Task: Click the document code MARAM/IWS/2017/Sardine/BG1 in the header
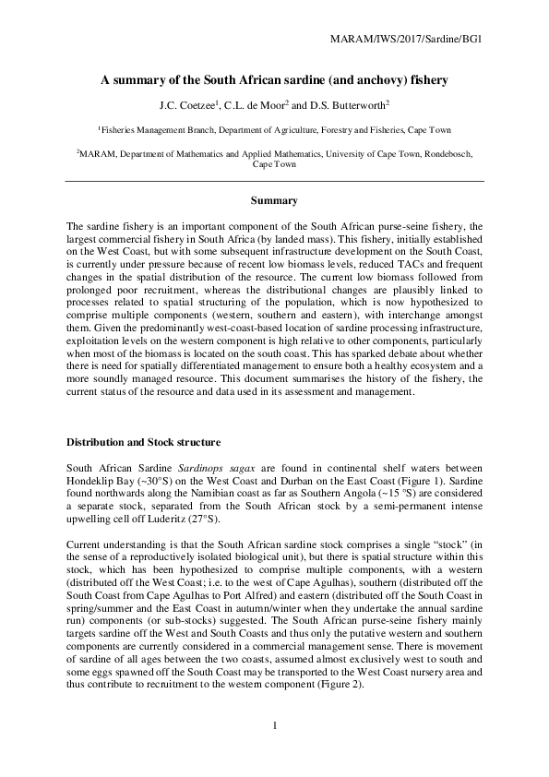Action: [x=407, y=40]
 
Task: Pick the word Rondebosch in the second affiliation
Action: [x=448, y=154]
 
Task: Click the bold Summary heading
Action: [x=274, y=200]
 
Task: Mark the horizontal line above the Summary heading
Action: [x=274, y=181]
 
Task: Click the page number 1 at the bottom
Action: [x=274, y=725]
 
